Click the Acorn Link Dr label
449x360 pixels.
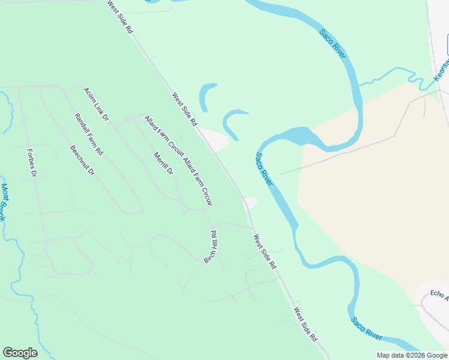pyautogui.click(x=96, y=105)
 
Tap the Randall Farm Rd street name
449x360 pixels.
pyautogui.click(x=88, y=134)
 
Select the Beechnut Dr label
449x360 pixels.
pyautogui.click(x=82, y=160)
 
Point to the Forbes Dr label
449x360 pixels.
pyautogui.click(x=32, y=163)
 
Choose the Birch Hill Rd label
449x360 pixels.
pyautogui.click(x=211, y=247)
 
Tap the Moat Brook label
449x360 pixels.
pyautogui.click(x=4, y=202)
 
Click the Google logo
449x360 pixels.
pyautogui.click(x=20, y=353)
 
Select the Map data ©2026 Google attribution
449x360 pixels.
pyautogui.click(x=412, y=355)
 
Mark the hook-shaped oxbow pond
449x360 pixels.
pyautogui.click(x=231, y=122)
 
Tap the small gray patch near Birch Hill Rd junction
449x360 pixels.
pyautogui.click(x=251, y=202)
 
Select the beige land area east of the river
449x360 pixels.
pyautogui.click(x=372, y=198)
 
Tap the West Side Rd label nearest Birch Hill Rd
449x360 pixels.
pyautogui.click(x=264, y=251)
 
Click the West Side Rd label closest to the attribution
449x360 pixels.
pyautogui.click(x=305, y=325)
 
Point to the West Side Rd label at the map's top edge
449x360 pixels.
pyautogui.click(x=119, y=17)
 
